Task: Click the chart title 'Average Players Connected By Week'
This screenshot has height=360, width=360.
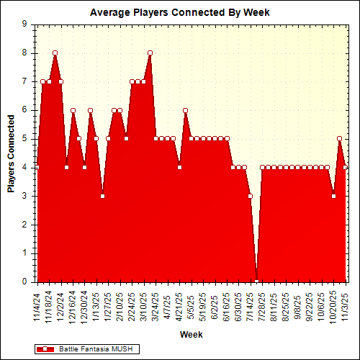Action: click(180, 12)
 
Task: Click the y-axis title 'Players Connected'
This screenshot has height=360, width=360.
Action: click(12, 153)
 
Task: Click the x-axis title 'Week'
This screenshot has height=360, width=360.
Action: click(191, 335)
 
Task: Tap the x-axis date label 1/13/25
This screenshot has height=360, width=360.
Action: click(96, 306)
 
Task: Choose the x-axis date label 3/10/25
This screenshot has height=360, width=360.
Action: click(144, 306)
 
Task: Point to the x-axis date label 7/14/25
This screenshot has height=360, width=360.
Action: click(251, 306)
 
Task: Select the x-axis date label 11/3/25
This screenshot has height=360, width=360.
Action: click(346, 306)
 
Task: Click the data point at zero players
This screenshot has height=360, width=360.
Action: click(256, 282)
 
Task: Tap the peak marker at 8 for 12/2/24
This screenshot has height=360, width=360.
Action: click(55, 53)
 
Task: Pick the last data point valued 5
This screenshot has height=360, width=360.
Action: click(340, 138)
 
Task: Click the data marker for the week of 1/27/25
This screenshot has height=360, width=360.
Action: click(108, 138)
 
